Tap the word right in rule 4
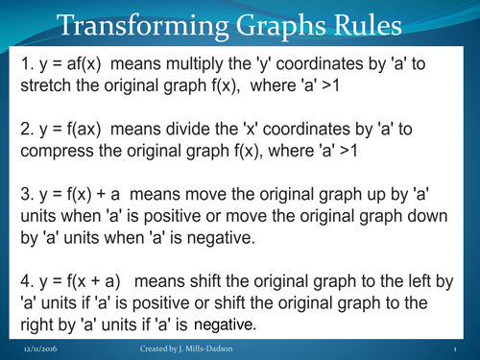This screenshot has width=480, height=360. click(27, 325)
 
